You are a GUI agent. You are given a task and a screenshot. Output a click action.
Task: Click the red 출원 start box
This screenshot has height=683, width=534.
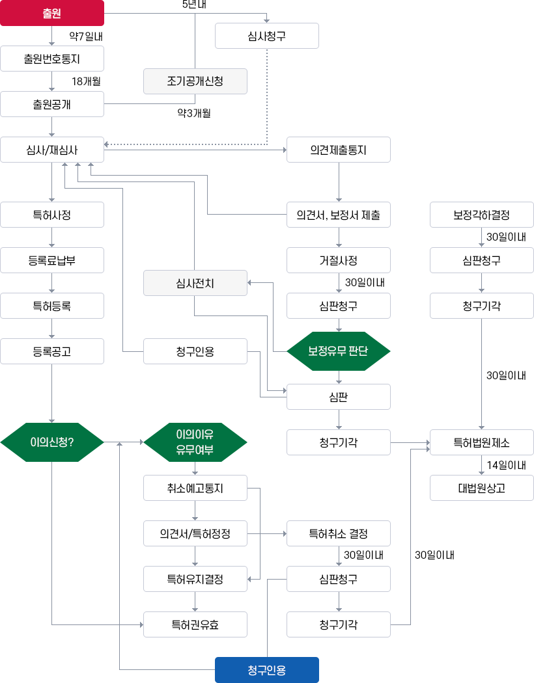52,13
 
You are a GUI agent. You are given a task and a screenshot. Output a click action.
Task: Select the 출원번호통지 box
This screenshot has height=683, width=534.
52,59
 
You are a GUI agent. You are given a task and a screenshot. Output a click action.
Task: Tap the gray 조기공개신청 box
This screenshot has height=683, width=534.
195,81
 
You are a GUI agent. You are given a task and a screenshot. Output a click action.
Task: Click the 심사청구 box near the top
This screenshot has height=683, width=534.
267,36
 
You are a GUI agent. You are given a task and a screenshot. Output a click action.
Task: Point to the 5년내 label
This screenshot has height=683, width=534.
195,5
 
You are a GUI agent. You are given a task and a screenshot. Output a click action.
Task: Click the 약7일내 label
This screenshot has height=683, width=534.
86,36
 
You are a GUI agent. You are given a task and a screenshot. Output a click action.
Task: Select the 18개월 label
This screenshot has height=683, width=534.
86,81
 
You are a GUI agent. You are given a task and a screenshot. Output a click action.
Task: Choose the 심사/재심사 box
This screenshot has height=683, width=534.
52,150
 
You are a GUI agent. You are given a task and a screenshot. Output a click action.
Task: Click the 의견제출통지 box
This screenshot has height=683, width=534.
339,150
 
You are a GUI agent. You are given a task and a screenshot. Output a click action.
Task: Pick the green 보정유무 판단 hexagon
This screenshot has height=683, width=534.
339,351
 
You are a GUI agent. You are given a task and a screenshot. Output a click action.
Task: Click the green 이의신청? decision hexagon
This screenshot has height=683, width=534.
52,442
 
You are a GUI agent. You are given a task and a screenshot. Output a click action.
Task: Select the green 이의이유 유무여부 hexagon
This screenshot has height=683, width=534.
195,442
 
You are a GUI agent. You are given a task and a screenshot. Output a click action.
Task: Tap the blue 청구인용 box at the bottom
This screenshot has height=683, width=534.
267,670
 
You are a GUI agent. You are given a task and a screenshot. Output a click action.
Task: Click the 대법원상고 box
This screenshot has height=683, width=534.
482,488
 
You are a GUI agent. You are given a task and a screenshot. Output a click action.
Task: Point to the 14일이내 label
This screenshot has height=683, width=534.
507,465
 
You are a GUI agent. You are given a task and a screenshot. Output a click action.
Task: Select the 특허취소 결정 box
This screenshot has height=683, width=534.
339,533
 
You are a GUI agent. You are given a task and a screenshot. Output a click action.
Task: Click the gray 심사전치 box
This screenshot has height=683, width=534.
195,283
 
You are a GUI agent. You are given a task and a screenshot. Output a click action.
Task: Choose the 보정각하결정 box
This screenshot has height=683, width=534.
482,215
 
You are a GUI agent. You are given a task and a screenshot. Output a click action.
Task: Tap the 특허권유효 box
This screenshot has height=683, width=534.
195,624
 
